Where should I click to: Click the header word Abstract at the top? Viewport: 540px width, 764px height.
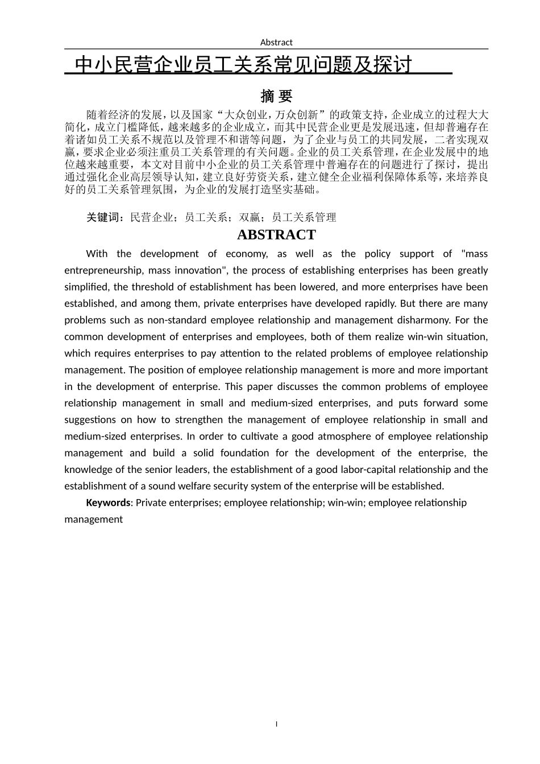276,42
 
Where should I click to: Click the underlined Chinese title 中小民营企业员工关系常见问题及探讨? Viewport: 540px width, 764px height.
243,65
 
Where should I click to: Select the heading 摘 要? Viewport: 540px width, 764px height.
276,95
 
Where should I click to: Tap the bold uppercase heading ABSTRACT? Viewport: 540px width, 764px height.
276,235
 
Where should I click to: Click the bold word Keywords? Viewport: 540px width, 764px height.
108,503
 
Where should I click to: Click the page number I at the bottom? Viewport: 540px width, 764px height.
276,724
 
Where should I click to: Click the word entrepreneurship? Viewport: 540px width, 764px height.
98,271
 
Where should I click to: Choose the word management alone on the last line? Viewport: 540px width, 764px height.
94,519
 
